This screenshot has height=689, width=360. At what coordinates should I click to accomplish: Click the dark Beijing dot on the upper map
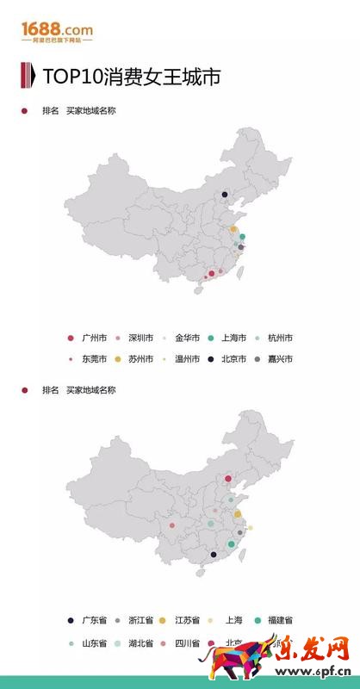coord(226,195)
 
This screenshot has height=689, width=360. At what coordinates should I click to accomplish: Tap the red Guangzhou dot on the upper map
coord(212,274)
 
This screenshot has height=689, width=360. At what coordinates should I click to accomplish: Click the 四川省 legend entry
coord(187,642)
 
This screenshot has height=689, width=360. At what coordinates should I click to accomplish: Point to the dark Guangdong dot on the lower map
coord(214,555)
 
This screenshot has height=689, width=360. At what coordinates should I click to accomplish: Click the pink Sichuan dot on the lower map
coord(172,525)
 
